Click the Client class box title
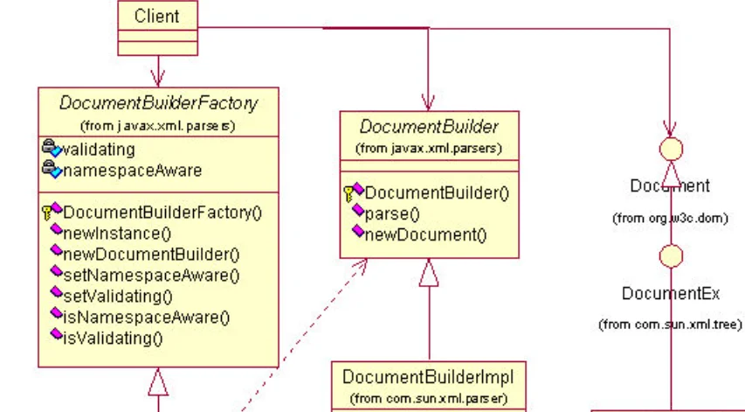click(157, 16)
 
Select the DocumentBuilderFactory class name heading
click(158, 103)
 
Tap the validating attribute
click(98, 149)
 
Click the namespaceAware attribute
click(131, 170)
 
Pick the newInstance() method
click(117, 233)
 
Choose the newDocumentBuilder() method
click(151, 255)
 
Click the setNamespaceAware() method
click(151, 276)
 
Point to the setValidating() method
click(118, 297)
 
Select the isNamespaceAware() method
click(146, 318)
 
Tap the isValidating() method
click(113, 338)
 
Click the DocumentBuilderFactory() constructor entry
click(162, 212)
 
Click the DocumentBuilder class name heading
click(429, 128)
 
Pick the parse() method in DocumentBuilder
click(392, 213)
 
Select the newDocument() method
click(425, 234)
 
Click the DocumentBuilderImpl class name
click(428, 377)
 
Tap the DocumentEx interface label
click(670, 294)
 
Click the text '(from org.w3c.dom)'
click(669, 219)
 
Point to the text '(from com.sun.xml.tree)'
click(670, 325)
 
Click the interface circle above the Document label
click(670, 149)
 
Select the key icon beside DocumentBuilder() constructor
click(349, 192)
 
